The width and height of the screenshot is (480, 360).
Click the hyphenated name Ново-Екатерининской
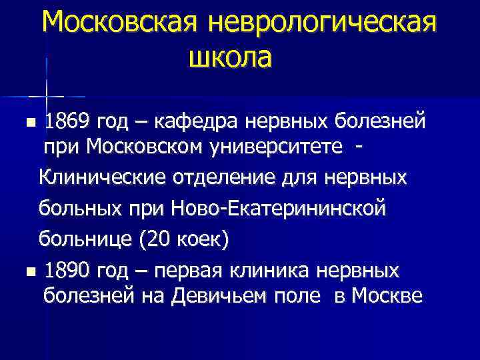click(279, 209)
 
